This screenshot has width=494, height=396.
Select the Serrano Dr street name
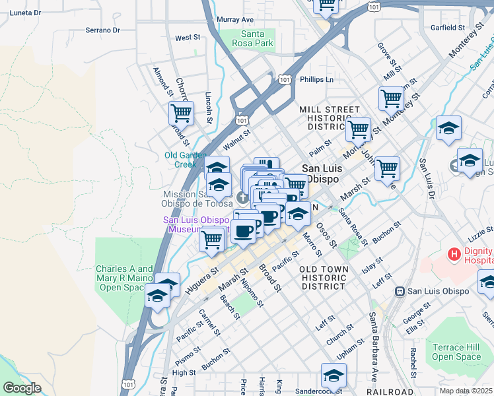click(x=103, y=30)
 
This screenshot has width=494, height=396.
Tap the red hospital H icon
click(x=454, y=253)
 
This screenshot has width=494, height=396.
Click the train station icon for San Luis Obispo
click(x=400, y=291)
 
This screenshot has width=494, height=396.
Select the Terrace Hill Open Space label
click(x=457, y=352)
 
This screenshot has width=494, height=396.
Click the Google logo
click(x=22, y=388)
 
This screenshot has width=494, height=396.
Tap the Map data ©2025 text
click(x=466, y=391)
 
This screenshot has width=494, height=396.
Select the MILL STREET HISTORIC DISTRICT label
click(x=330, y=117)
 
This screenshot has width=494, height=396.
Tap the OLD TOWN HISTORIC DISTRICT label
click(x=323, y=278)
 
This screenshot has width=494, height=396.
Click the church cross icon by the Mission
click(x=242, y=197)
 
